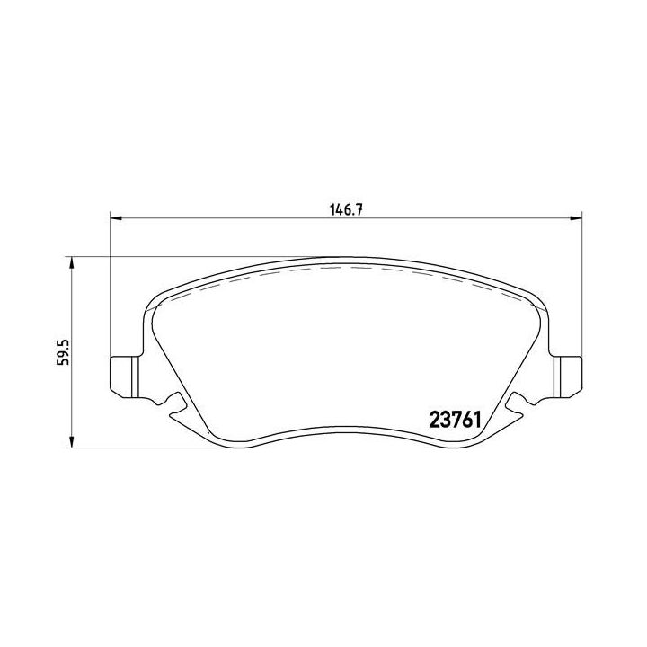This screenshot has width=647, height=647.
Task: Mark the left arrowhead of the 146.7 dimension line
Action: point(114,217)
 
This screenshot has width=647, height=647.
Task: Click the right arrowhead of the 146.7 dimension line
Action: point(576,217)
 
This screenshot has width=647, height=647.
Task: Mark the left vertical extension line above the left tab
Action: point(109,288)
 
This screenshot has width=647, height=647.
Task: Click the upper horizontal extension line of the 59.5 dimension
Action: point(180,256)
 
